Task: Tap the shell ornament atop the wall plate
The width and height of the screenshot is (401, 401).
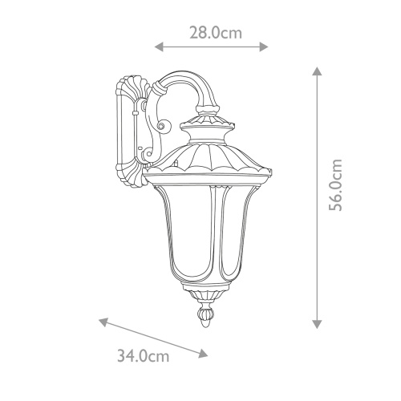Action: tap(129, 85)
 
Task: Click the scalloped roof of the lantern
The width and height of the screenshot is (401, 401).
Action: tap(210, 156)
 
